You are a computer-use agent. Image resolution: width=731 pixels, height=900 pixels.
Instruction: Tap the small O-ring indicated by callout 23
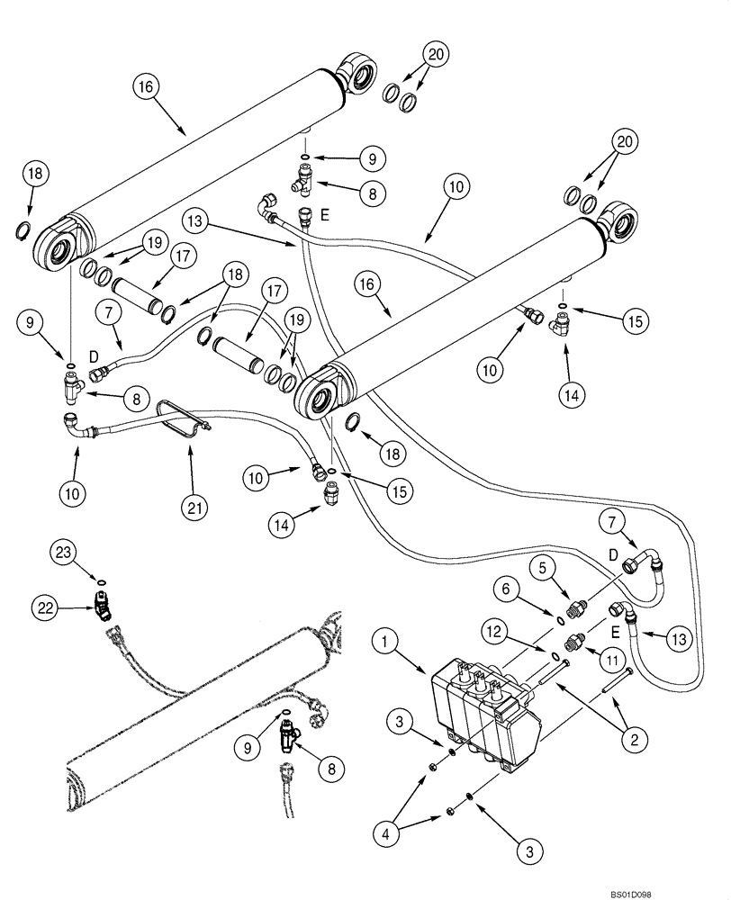pyautogui.click(x=100, y=580)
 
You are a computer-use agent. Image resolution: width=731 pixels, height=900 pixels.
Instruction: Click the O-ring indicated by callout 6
pyautogui.click(x=560, y=620)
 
